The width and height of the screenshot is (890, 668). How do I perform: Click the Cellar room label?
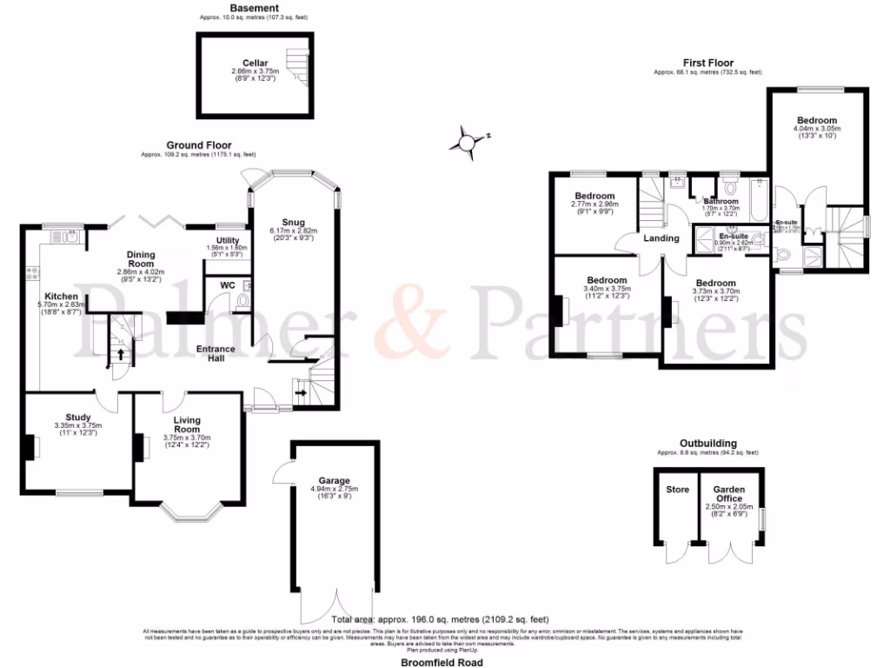(x=255, y=63)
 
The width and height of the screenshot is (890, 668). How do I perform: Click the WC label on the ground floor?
(x=228, y=284)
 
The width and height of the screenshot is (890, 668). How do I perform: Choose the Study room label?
(x=77, y=417)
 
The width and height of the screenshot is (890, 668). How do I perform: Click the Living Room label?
(x=186, y=424)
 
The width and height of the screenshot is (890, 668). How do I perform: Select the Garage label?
(x=334, y=480)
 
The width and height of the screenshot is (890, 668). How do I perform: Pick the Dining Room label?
(x=141, y=258)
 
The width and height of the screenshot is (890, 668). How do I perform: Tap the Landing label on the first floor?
(x=661, y=238)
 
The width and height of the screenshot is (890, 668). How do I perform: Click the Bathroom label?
(x=721, y=202)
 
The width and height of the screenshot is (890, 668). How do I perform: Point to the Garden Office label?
(x=729, y=493)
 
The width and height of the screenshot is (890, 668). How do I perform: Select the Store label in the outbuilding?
(x=677, y=490)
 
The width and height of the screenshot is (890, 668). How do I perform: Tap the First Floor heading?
(x=707, y=63)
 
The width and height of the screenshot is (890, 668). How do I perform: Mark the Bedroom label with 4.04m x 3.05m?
(x=816, y=120)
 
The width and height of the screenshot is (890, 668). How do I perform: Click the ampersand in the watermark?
(x=402, y=324)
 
